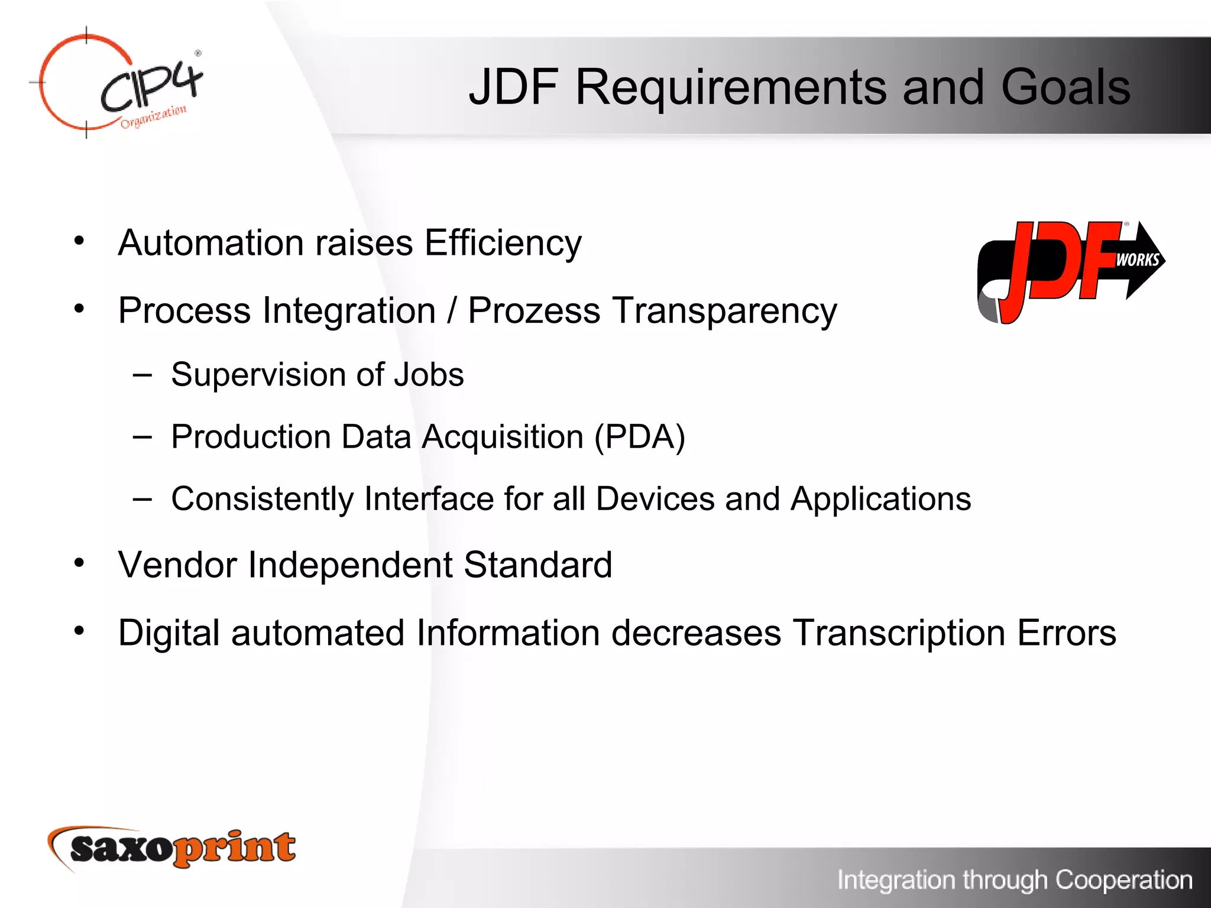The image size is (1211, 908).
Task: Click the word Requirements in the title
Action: point(731,87)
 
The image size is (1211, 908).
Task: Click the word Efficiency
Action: point(503,243)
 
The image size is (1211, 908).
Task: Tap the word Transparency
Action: point(724,311)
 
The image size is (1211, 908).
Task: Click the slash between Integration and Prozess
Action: point(452,311)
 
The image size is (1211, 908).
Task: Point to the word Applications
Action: point(880,499)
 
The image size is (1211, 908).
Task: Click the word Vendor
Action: point(177,565)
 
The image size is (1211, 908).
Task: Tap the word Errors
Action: point(1066,633)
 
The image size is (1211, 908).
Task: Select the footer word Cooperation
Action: point(1123,880)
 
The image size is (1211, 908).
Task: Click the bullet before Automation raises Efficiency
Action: point(79,241)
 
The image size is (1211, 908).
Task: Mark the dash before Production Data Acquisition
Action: point(143,437)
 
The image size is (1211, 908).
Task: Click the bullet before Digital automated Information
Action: point(79,631)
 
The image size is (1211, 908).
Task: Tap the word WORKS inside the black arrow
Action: point(1137,260)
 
